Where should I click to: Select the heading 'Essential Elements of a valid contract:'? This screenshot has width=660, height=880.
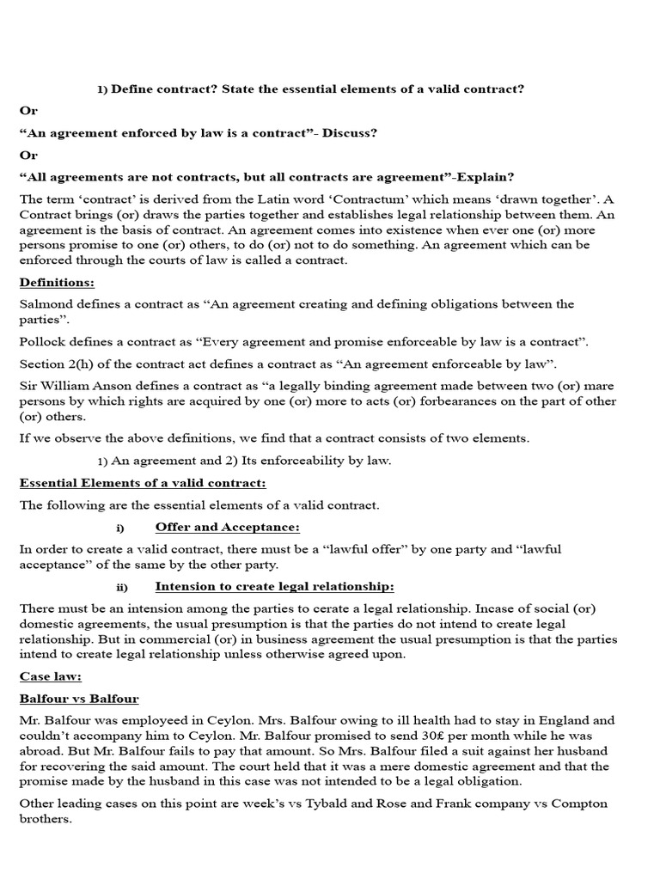click(143, 483)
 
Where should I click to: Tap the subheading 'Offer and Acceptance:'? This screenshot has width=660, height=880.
click(227, 527)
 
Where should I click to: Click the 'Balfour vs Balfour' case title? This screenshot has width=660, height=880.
click(79, 699)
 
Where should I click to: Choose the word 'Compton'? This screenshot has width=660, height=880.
click(603, 804)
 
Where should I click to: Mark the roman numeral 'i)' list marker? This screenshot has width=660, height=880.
click(120, 528)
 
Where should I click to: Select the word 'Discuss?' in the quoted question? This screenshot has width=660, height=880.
click(351, 133)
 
